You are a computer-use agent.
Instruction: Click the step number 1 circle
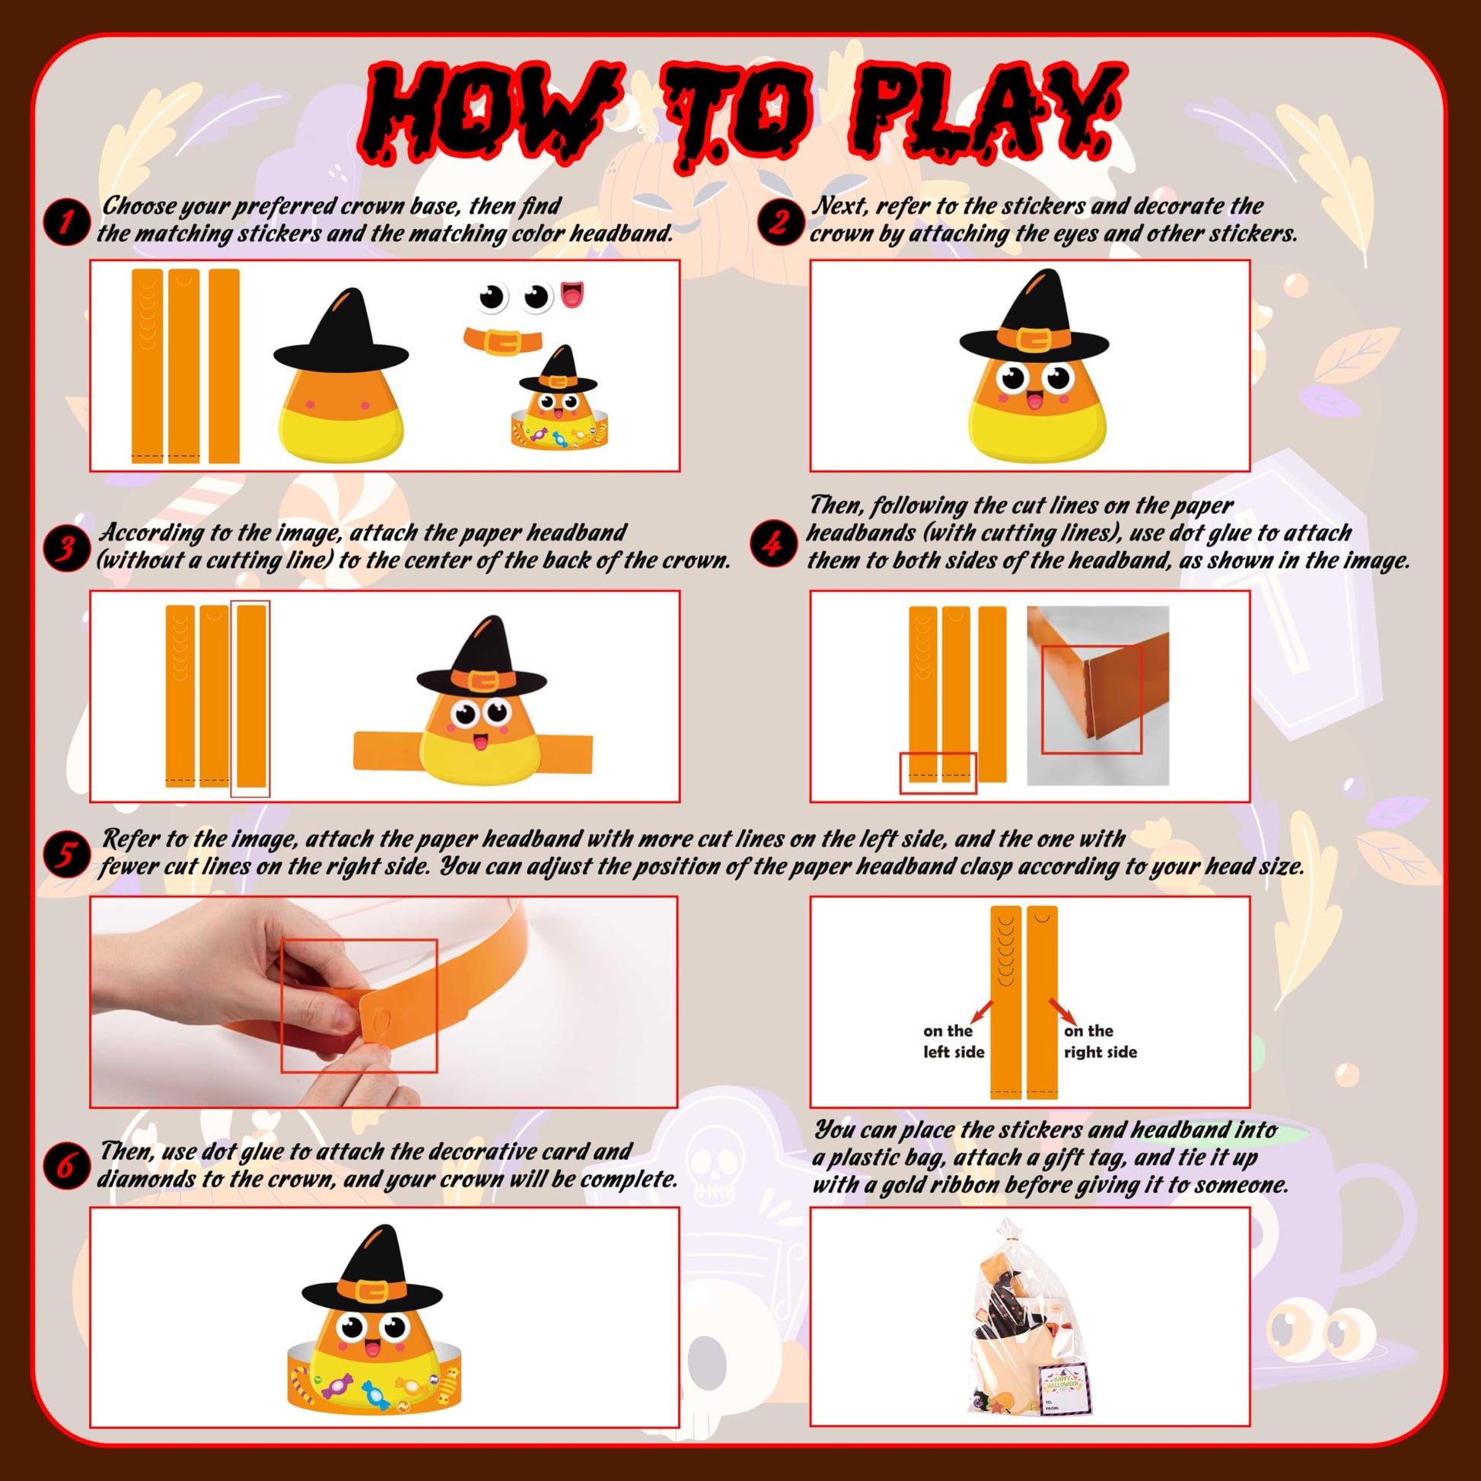coord(67,222)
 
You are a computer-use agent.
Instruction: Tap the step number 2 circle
coord(779,222)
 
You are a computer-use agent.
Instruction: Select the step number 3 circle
coord(67,548)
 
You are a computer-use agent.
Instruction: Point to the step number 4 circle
coord(772,544)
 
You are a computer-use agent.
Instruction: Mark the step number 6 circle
coord(67,1166)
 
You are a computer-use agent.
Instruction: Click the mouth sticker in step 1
coord(572,295)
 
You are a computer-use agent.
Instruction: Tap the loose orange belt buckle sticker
coord(503,339)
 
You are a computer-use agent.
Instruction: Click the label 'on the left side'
coord(953,1041)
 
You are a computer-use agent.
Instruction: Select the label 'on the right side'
coord(1100,1041)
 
